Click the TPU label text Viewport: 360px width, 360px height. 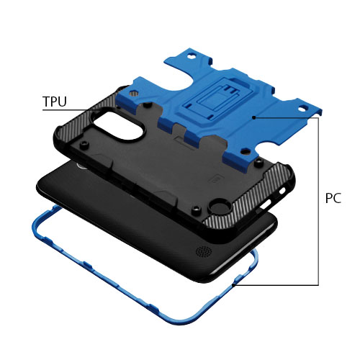55,102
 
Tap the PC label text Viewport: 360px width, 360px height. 333,198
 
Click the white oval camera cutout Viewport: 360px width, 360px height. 120,125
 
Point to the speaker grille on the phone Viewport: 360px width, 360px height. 204,251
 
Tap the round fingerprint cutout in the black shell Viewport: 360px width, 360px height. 219,207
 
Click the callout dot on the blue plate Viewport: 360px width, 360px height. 253,117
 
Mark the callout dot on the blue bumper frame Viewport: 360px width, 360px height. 234,285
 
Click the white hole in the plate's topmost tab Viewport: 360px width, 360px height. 192,57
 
